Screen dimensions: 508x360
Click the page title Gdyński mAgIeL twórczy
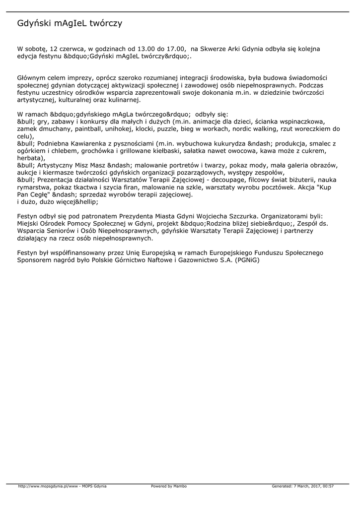click(x=70, y=23)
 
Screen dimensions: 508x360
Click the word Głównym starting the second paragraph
click(x=33, y=78)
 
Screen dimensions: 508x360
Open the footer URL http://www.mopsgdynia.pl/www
click(x=48, y=486)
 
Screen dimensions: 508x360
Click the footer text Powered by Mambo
click(x=169, y=486)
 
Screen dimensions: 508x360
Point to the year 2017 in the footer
click(x=313, y=486)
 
